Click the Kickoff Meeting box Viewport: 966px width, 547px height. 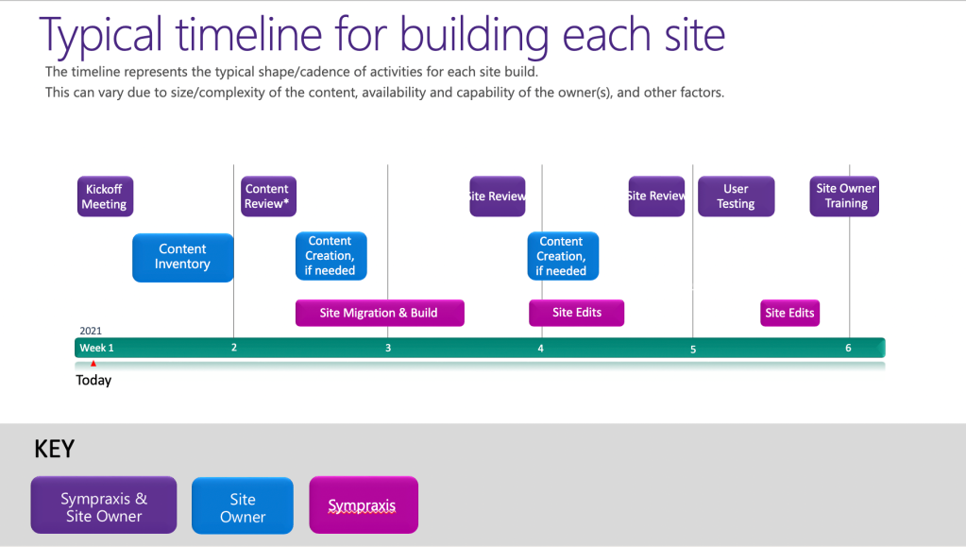[104, 197]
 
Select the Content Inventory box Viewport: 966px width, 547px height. [182, 257]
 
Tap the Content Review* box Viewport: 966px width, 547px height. [267, 197]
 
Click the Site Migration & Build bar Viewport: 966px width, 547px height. [379, 313]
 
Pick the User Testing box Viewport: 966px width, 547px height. [736, 197]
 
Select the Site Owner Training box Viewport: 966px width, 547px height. [845, 197]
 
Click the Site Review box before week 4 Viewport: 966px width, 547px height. [497, 197]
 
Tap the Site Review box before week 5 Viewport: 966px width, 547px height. [656, 197]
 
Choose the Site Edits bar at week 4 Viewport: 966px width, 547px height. [576, 313]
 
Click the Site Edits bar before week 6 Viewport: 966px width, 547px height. [789, 313]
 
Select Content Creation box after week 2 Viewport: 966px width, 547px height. [330, 256]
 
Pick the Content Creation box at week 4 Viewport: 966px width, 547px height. [562, 256]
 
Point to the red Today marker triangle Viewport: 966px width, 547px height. [93, 364]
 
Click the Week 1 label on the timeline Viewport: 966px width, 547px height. [96, 348]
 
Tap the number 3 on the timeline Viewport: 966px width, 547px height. [388, 349]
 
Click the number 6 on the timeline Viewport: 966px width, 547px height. [848, 349]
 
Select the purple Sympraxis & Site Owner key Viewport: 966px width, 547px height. [104, 507]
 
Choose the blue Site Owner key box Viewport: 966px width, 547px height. [243, 507]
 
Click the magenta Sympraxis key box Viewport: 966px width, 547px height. [363, 506]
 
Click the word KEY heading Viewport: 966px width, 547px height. [55, 450]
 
